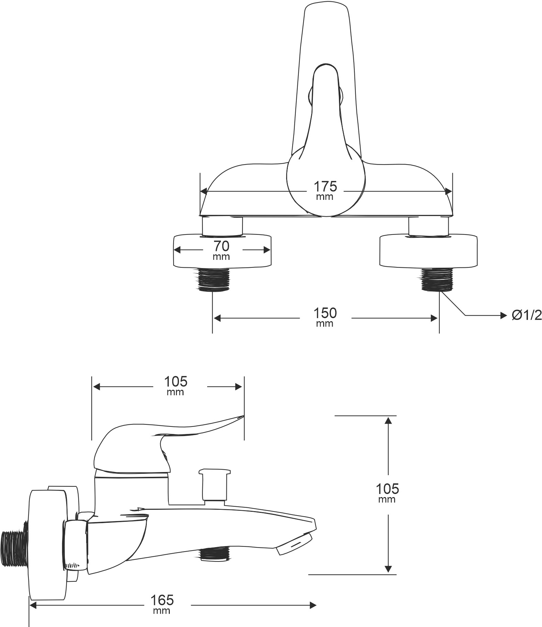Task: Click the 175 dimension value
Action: [325, 186]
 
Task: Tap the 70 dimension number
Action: [221, 246]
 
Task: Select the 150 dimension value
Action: [325, 313]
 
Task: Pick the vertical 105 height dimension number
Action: [387, 489]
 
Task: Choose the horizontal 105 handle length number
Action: [176, 381]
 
